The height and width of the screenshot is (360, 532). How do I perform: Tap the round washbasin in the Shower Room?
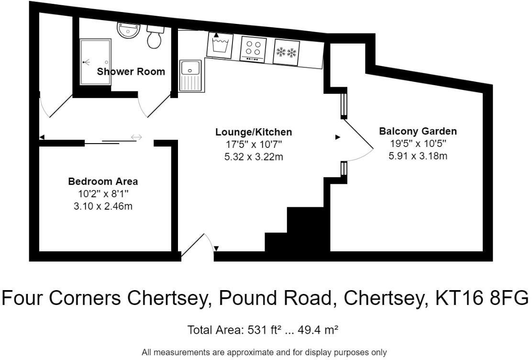click(128, 31)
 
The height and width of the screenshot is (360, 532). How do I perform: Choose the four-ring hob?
click(253, 49)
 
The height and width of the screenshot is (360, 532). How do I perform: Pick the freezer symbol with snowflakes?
click(286, 51)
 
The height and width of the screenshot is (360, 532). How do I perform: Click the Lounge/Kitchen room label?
click(254, 132)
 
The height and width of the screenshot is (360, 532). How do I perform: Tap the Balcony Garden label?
click(418, 131)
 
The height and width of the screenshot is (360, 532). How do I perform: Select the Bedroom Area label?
click(103, 182)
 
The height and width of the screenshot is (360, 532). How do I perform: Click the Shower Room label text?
click(131, 72)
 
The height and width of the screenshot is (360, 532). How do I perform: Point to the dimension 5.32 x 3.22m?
click(254, 157)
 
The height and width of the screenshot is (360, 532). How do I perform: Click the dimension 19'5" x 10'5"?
click(418, 143)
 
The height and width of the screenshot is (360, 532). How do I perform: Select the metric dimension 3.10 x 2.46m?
click(103, 206)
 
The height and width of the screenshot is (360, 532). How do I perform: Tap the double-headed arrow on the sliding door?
click(136, 138)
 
